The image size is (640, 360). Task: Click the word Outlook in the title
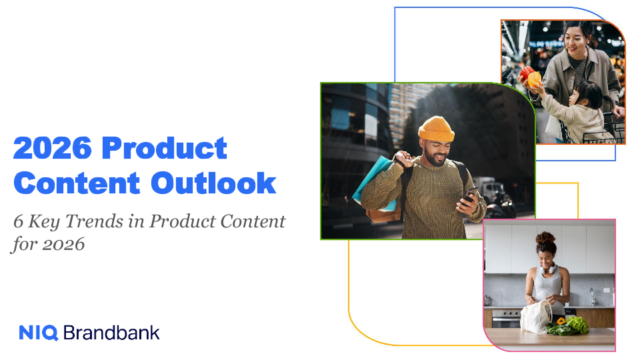pyautogui.click(x=213, y=183)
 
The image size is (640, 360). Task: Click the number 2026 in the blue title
pyautogui.click(x=52, y=147)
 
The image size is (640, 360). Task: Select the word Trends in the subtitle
pyautogui.click(x=94, y=221)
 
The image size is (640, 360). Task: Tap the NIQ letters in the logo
pyautogui.click(x=39, y=333)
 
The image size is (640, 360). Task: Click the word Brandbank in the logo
pyautogui.click(x=111, y=333)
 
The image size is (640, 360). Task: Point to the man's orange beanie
pyautogui.click(x=436, y=129)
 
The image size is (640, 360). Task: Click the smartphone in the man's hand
pyautogui.click(x=469, y=195)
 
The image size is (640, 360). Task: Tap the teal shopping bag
pyautogui.click(x=373, y=181)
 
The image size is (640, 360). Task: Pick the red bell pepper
pyautogui.click(x=526, y=73)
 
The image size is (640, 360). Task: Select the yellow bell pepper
pyautogui.click(x=534, y=79)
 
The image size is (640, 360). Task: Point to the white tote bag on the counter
pyautogui.click(x=536, y=317)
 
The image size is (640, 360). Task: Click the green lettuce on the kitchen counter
pyautogui.click(x=576, y=325)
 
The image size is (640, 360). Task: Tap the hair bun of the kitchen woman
pyautogui.click(x=545, y=238)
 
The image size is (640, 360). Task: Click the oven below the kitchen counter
pyautogui.click(x=506, y=318)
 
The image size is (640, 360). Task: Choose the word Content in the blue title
pyautogui.click(x=77, y=183)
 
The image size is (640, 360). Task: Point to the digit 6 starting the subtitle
pyautogui.click(x=19, y=221)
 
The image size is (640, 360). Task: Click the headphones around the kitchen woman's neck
pyautogui.click(x=547, y=269)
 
